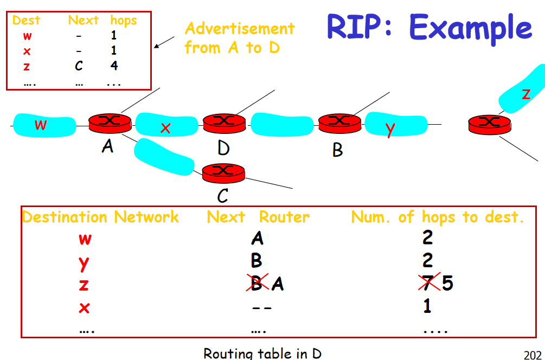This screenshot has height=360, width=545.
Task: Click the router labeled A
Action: (110, 123)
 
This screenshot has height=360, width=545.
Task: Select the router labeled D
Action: (224, 124)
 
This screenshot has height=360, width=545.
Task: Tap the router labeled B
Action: (339, 123)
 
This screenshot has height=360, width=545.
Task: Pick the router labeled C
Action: (223, 173)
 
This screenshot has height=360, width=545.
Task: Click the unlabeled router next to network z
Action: (490, 124)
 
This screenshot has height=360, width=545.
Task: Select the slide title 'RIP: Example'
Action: (429, 28)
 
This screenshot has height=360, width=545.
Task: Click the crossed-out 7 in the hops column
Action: (428, 283)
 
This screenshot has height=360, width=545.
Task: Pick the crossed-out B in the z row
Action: (257, 284)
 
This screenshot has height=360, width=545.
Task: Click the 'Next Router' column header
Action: (258, 217)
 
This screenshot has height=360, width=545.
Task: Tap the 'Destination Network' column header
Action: (100, 217)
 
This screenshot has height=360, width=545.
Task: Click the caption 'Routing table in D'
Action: (262, 353)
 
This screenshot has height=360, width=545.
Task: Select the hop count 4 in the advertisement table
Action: (114, 66)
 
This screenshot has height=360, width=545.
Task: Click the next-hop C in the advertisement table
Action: (79, 66)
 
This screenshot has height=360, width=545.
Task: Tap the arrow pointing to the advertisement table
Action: (165, 42)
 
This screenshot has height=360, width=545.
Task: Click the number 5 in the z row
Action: (447, 284)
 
